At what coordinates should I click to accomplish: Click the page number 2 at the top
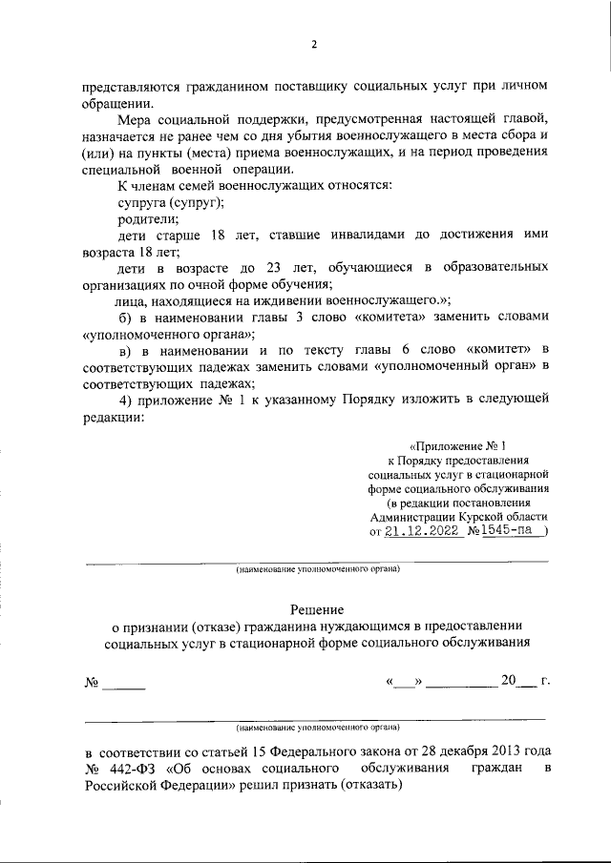(313, 45)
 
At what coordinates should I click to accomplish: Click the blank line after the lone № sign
(124, 684)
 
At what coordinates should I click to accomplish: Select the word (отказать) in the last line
(369, 785)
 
